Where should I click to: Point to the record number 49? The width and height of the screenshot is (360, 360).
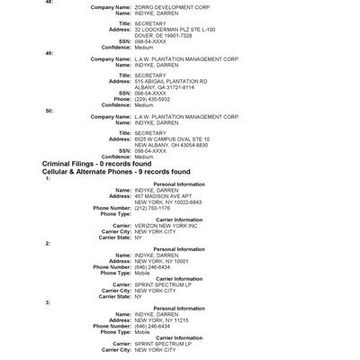(x=49, y=53)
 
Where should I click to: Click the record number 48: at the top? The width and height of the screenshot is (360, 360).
(x=49, y=2)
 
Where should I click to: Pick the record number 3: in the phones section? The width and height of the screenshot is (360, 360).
(x=49, y=302)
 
